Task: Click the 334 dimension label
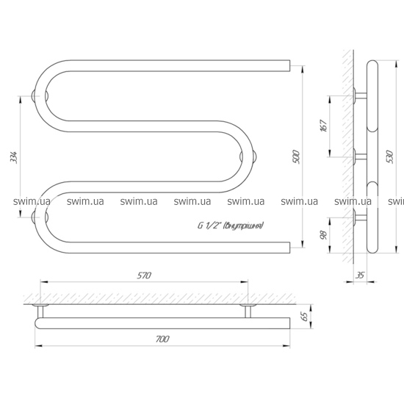click(x=13, y=157)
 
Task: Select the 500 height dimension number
click(x=296, y=156)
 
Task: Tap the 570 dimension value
click(x=144, y=275)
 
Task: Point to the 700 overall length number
click(x=162, y=339)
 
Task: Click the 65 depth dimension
click(x=304, y=317)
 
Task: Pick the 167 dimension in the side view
click(x=324, y=126)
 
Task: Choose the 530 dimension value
click(x=390, y=156)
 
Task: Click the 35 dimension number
click(x=360, y=275)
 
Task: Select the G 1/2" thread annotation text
click(x=231, y=226)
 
